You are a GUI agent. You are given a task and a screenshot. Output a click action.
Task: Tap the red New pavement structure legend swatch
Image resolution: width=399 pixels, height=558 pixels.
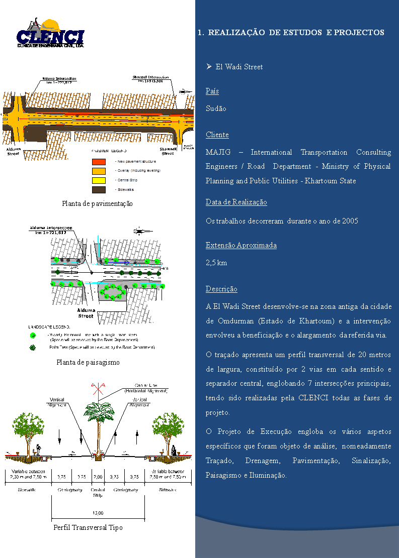99,162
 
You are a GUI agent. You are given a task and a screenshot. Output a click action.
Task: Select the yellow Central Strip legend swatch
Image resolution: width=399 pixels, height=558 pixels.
99,180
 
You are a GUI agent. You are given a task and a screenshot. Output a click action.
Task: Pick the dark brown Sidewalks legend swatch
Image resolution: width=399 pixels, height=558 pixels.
99,190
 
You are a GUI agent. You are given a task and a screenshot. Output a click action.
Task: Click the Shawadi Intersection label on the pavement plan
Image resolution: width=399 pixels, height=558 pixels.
150,79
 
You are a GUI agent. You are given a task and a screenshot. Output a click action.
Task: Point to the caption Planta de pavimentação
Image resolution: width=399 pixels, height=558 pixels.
97,203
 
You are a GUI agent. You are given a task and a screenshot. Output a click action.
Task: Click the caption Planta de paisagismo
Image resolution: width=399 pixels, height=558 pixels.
88,362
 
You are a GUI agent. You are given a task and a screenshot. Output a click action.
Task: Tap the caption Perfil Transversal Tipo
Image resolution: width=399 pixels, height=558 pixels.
88,527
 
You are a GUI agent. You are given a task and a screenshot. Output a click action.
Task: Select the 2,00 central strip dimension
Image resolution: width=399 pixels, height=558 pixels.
98,476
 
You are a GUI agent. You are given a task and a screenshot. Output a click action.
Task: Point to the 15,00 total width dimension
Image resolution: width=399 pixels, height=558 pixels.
98,513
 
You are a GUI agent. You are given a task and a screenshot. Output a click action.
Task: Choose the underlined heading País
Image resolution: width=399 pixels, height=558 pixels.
212,91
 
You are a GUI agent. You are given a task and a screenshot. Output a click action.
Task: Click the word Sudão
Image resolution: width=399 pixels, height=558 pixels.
216,108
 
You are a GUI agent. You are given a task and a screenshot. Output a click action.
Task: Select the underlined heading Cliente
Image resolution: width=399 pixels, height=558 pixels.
217,135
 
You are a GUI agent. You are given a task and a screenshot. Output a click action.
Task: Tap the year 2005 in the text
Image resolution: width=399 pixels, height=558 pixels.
350,221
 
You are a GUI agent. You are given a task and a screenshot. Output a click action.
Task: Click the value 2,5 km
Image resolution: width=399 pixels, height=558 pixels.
216,263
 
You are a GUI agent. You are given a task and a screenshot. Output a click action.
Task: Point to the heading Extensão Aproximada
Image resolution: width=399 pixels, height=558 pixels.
241,245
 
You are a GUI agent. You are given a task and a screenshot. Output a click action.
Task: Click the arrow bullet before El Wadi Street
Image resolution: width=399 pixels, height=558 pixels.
209,66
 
